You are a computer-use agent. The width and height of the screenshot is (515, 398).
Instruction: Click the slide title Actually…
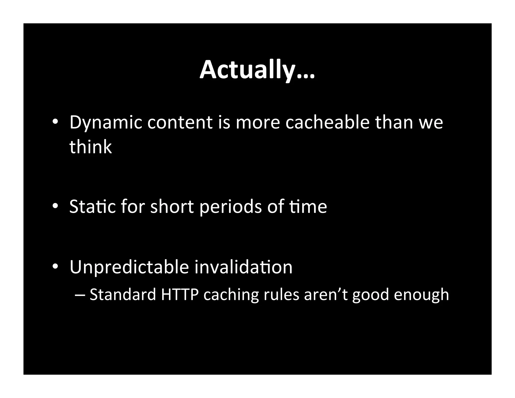[x=257, y=70]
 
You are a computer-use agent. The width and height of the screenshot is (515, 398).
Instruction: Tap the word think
[x=90, y=147]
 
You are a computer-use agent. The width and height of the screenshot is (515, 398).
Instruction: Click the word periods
[x=231, y=207]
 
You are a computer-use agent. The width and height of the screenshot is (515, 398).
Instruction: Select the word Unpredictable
[x=129, y=267]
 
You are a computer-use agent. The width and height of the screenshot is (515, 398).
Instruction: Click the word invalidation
[x=243, y=267]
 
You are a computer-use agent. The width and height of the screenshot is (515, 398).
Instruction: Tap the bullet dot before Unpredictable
[x=55, y=267]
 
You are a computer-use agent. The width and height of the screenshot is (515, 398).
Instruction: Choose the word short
[x=172, y=207]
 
